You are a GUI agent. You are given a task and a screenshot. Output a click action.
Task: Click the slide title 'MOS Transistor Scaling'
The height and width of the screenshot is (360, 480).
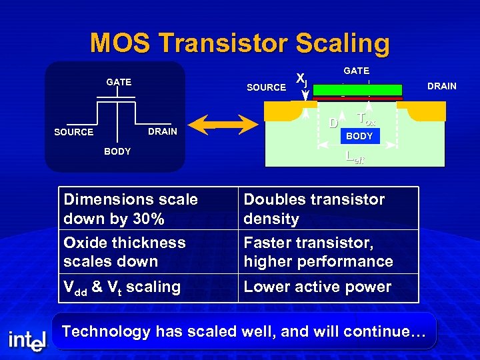point(240,43)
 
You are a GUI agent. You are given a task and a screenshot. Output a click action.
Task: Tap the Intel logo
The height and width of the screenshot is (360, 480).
point(27,341)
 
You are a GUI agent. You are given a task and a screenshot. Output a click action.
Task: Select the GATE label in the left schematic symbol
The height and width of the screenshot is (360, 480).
point(119,82)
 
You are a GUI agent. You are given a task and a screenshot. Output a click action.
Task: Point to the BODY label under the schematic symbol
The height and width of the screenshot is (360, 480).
point(117,151)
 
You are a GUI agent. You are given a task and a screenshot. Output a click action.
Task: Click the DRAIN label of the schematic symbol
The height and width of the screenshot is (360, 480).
point(163,131)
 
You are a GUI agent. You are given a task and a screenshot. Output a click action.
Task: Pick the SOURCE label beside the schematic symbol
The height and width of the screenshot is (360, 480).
point(73,132)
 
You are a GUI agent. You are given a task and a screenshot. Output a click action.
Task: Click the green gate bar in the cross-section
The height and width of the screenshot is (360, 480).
point(357,90)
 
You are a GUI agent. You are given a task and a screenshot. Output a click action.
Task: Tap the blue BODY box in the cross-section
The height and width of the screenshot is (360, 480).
point(359,136)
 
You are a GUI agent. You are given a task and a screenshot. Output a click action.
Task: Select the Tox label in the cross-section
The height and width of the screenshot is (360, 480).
point(367,119)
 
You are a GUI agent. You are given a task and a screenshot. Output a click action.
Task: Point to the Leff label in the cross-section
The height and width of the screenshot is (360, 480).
point(355,158)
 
